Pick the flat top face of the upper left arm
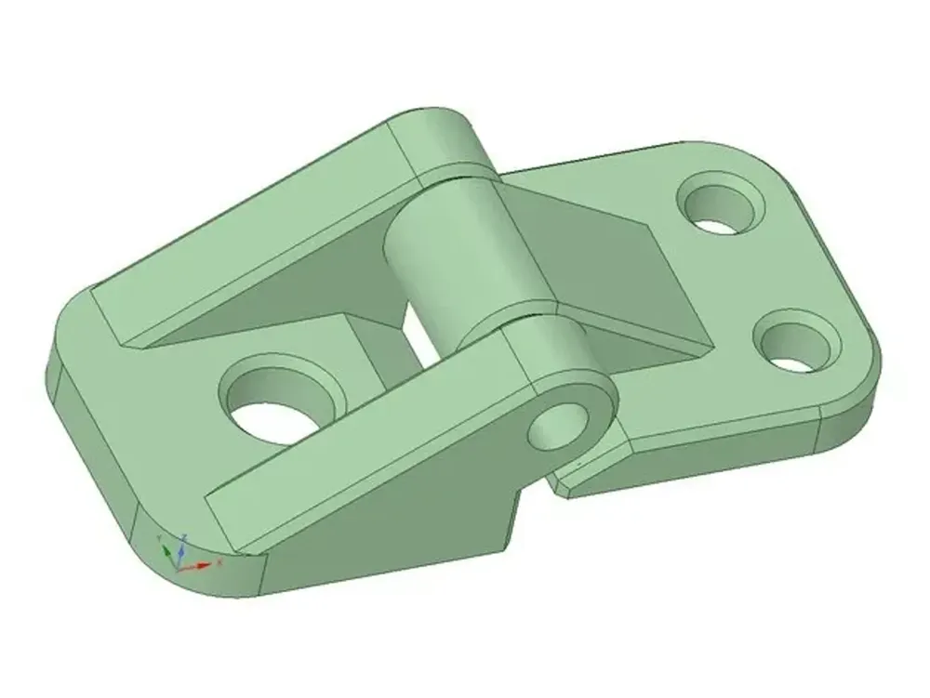[260, 223]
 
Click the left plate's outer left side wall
[88, 437]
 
